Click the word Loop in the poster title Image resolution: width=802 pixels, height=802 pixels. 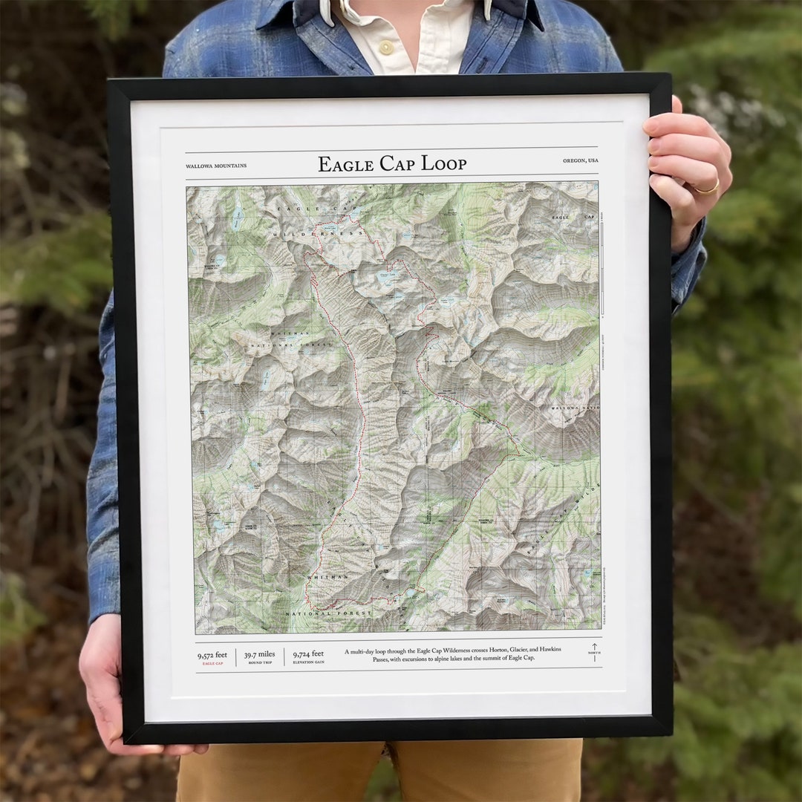(x=444, y=164)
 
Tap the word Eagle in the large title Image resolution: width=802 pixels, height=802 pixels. (x=344, y=164)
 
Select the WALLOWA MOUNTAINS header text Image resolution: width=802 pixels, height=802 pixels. (x=216, y=166)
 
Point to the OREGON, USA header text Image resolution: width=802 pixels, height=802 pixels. (x=581, y=160)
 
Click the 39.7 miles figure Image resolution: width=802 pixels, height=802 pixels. (x=260, y=654)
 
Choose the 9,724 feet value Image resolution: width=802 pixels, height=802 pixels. (x=308, y=654)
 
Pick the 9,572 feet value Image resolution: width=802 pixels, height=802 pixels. (x=212, y=655)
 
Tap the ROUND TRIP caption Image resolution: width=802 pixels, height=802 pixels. (x=260, y=662)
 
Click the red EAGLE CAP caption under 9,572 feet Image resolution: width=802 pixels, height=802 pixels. (x=212, y=663)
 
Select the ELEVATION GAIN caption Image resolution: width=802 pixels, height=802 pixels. (x=308, y=662)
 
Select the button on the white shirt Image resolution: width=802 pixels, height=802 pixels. (x=386, y=48)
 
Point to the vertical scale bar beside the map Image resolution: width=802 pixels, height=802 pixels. (x=602, y=267)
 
